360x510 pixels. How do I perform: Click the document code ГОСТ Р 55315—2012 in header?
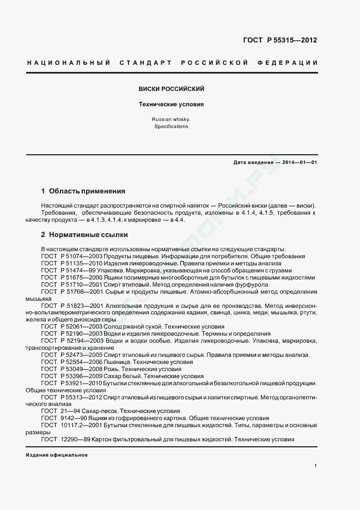[279, 40]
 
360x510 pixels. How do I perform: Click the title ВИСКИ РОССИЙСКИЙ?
[172, 88]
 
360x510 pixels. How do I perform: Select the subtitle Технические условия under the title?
[172, 104]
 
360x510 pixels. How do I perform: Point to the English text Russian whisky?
[172, 119]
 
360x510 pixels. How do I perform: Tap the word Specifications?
[172, 126]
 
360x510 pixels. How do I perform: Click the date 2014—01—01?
[299, 162]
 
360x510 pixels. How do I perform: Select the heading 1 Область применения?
[83, 191]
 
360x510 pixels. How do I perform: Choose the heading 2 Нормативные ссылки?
[84, 235]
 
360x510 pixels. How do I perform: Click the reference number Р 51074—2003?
[76, 256]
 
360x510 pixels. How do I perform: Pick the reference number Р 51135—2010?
[76, 263]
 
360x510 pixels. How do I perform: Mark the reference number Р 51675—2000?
[76, 277]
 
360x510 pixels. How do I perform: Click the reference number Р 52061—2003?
[76, 326]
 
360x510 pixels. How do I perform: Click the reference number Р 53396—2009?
[76, 376]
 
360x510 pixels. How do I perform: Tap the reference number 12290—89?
[76, 439]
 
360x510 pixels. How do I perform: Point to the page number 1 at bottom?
[316, 465]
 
